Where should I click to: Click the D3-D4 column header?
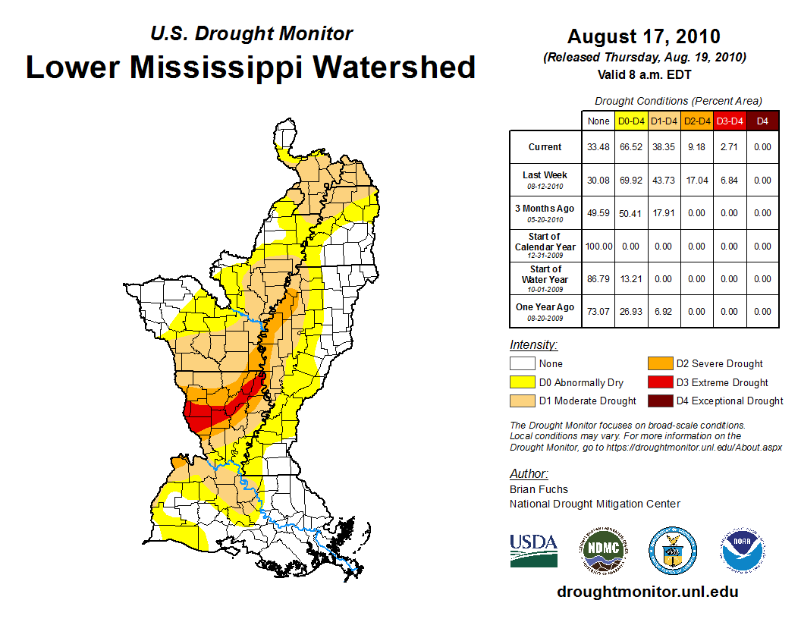point(730,121)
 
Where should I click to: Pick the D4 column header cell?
point(762,121)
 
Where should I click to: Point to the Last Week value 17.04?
point(697,181)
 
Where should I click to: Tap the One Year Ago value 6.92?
point(664,312)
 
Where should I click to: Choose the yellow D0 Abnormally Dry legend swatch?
point(522,382)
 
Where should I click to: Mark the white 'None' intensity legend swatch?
point(522,364)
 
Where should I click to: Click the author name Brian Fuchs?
point(539,489)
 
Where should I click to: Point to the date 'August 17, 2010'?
point(644,36)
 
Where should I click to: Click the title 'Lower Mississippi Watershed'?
point(251,68)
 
